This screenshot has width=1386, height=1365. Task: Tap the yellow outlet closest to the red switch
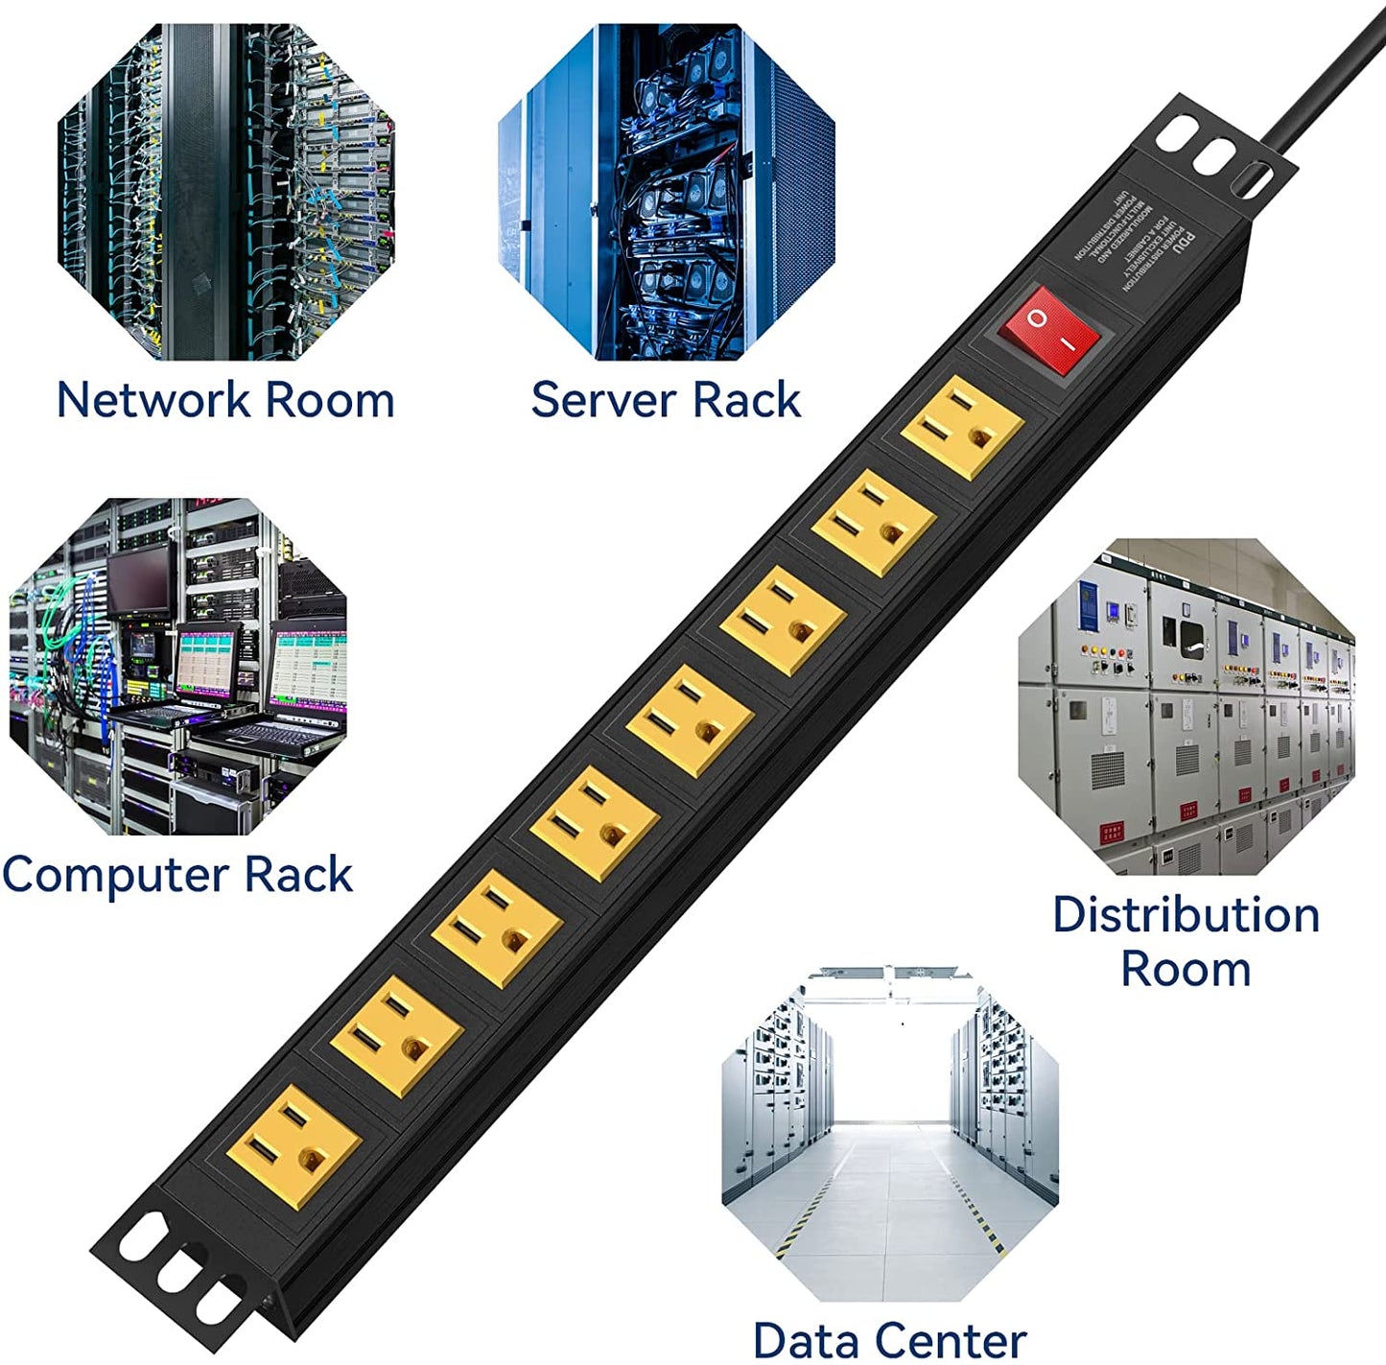(961, 427)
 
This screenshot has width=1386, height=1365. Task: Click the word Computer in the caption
(115, 876)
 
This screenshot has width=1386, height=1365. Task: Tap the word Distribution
(1186, 915)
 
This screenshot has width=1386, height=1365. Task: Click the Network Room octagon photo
(226, 192)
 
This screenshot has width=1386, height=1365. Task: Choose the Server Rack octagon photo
(666, 192)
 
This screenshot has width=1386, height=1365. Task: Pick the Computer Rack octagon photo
(177, 666)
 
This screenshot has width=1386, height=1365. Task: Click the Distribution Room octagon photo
(1186, 706)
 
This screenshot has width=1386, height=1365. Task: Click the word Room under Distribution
(1186, 969)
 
